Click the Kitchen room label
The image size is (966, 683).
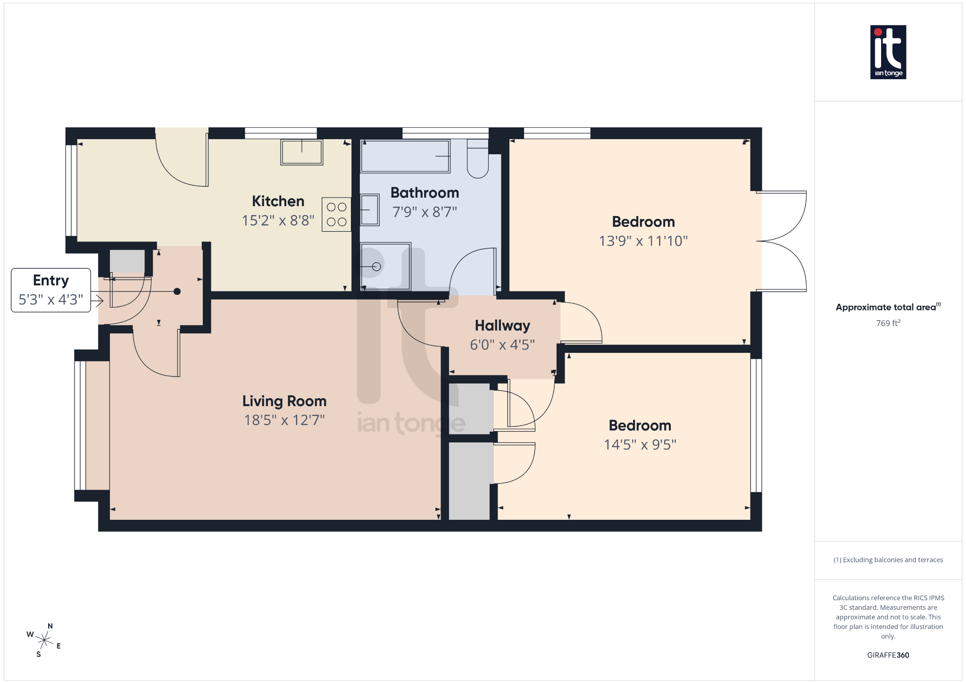click(278, 201)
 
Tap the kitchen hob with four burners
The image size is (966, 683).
click(336, 214)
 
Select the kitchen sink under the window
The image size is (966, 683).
click(301, 152)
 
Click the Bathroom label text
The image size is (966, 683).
click(425, 193)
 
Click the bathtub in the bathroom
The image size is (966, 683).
click(405, 156)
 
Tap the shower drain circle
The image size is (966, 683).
click(376, 267)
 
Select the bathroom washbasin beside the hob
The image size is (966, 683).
click(370, 210)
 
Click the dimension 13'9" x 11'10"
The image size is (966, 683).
click(643, 241)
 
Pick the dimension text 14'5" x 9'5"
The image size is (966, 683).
click(640, 445)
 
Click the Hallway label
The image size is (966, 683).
click(502, 325)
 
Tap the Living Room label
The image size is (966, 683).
click(284, 401)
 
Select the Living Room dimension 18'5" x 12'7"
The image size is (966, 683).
click(284, 420)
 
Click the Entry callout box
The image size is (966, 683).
click(51, 290)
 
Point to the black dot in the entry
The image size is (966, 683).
click(177, 292)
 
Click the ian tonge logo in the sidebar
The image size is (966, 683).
click(888, 52)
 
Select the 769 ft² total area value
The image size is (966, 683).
click(888, 323)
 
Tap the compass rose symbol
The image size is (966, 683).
click(44, 640)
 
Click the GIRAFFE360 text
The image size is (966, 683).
click(888, 655)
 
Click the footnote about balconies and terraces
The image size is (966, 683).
click(888, 560)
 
